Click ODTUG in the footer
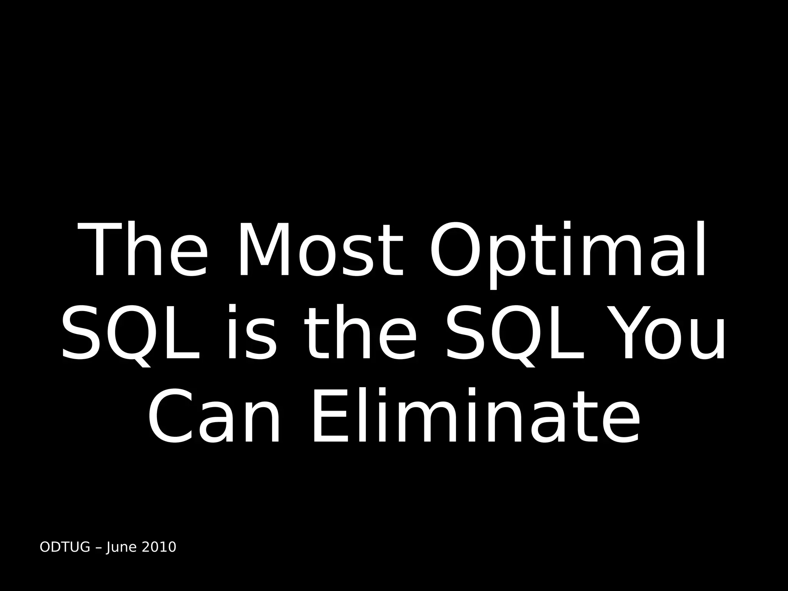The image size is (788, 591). pos(65,547)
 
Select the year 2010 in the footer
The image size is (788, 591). pos(159,547)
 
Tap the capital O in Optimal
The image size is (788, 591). pos(456,250)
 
